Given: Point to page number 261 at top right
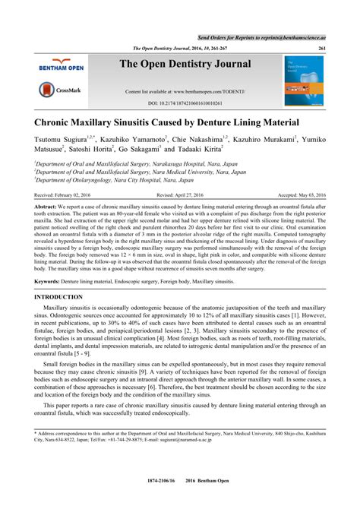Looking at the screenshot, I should [322, 47].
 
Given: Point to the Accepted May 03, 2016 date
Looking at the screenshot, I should [297, 195].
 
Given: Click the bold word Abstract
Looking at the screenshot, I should [45, 206].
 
